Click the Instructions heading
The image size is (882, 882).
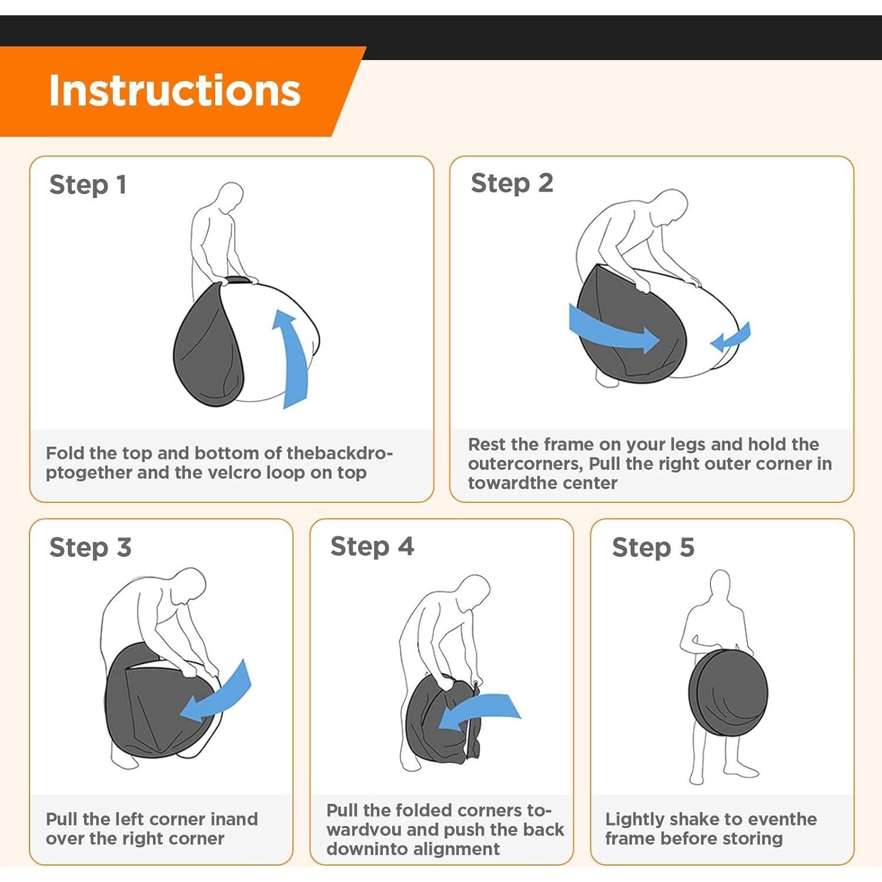175,91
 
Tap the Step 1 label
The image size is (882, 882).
88,185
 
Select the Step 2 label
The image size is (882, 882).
512,183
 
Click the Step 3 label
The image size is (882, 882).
90,547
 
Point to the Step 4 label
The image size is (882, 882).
372,546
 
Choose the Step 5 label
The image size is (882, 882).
653,547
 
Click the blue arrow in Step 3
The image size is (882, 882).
219,694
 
